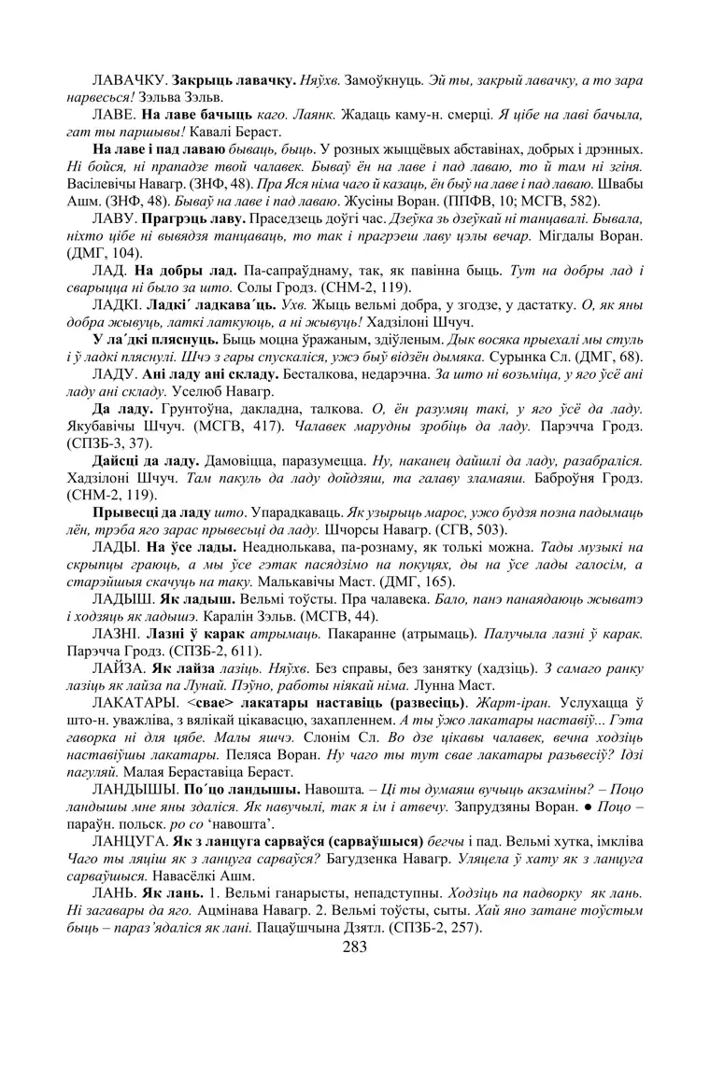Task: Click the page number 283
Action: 355,947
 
